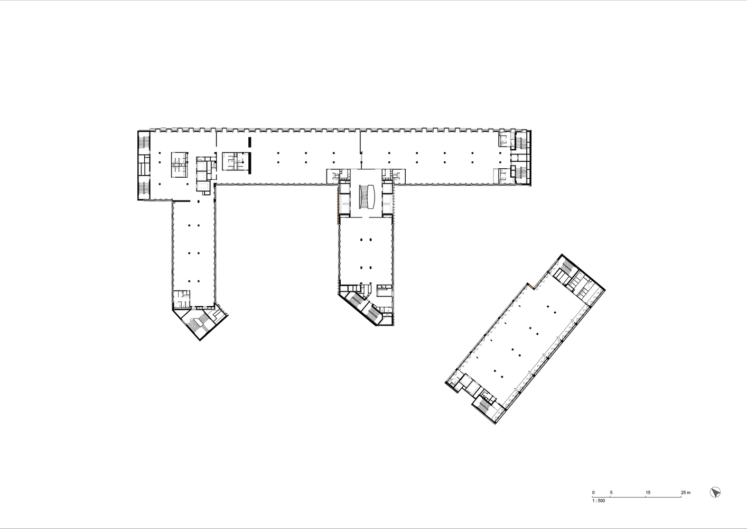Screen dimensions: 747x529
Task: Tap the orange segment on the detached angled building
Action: click(x=530, y=286)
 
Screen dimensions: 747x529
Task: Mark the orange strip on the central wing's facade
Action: click(x=339, y=204)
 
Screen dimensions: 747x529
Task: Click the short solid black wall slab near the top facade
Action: click(x=249, y=142)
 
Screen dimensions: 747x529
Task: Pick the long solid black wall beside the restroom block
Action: click(x=249, y=163)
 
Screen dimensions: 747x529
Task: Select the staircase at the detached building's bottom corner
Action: click(x=484, y=405)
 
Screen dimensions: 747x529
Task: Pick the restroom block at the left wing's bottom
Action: click(x=182, y=299)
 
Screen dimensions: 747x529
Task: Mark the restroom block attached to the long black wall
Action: click(x=235, y=161)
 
